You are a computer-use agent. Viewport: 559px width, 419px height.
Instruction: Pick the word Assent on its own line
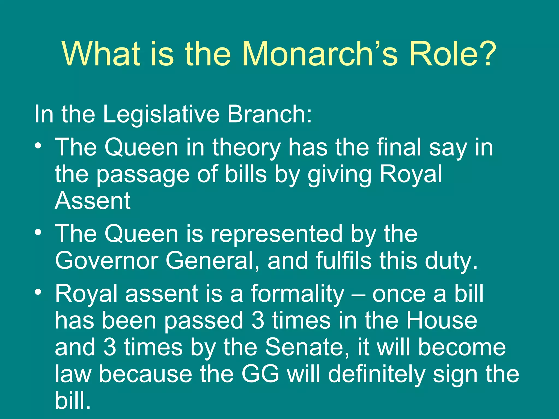[x=93, y=201]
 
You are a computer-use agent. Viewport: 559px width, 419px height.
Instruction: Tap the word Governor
[x=107, y=261]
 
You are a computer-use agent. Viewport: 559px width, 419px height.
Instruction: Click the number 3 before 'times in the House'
[x=258, y=321]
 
